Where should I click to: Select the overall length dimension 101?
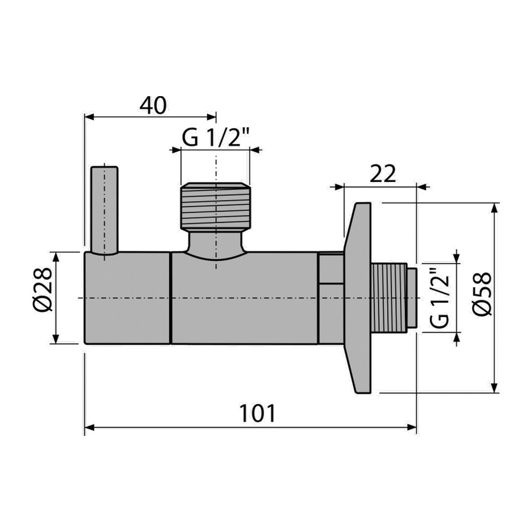point(258,413)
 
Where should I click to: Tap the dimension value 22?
point(383,174)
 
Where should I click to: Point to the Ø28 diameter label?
point(43,289)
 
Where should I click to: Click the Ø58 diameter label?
point(482,294)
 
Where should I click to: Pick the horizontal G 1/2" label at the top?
point(216,138)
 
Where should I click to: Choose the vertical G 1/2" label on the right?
point(441,298)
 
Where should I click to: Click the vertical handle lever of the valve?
point(104,210)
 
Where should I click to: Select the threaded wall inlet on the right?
point(390,298)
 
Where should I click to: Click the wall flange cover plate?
point(357,298)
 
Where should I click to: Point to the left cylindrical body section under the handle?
point(127,298)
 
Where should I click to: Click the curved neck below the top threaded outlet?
point(216,244)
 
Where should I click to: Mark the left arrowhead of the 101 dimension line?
point(89,428)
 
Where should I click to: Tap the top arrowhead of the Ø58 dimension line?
point(495,208)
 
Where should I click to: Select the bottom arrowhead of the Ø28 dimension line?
point(56,339)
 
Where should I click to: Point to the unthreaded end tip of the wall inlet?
point(412,298)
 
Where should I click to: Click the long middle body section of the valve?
point(245,298)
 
